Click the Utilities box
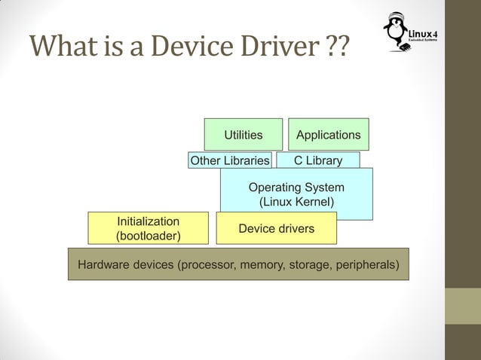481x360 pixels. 243,135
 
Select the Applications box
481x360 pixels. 328,135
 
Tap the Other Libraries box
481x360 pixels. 229,160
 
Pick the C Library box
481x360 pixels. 317,160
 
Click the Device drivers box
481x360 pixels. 276,228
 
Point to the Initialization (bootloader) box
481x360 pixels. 148,229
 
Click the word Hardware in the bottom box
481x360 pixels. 103,265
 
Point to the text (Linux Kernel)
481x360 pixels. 296,202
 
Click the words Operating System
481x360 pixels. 296,187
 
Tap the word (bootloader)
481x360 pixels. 148,236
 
